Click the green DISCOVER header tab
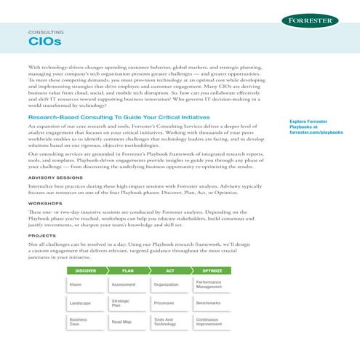click(x=86, y=270)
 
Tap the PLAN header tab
click(x=127, y=270)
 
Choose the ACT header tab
click(x=169, y=270)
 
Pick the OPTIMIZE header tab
click(x=212, y=270)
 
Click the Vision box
click(x=85, y=284)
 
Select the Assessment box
click(x=127, y=284)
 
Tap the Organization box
click(x=169, y=284)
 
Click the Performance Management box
click(x=212, y=284)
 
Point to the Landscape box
click(x=85, y=303)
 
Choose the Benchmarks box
click(x=212, y=303)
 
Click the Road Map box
click(x=127, y=321)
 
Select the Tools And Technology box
click(x=169, y=321)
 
